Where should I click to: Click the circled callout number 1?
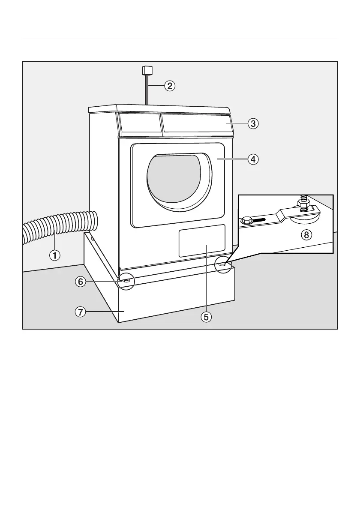54,255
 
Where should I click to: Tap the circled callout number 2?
170,86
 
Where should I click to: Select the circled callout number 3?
253,123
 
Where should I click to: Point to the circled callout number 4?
253,159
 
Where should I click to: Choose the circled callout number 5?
206,317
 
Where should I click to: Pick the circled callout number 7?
80,312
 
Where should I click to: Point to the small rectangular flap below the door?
202,240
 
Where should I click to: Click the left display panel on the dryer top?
139,123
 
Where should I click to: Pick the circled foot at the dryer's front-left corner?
127,280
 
